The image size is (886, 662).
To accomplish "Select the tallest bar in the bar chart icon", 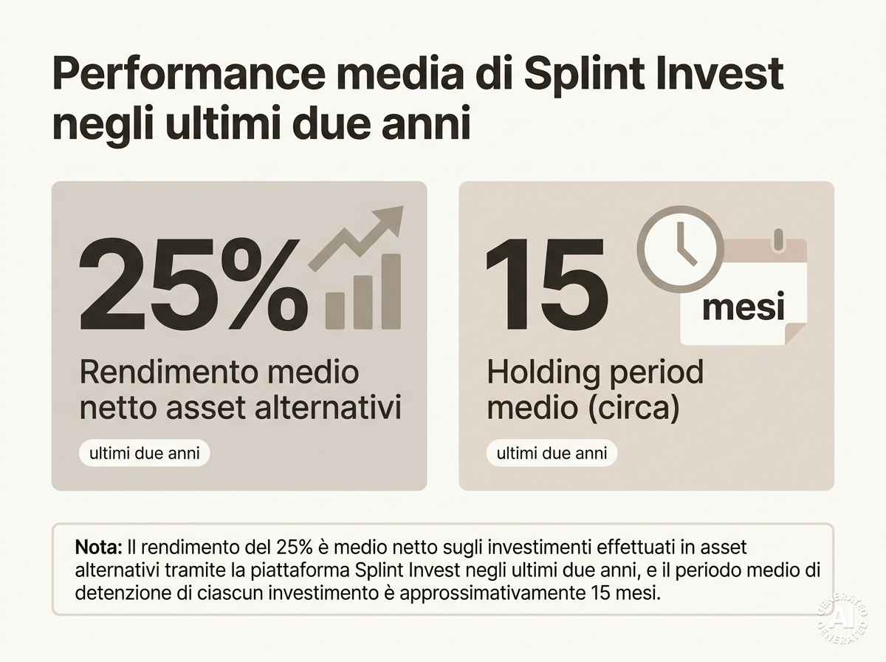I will [390, 290].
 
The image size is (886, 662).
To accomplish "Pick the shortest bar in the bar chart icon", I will [334, 310].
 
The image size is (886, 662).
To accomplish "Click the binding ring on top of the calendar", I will [776, 241].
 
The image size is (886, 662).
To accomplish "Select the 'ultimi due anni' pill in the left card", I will [144, 453].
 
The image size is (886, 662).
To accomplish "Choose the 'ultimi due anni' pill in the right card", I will [552, 453].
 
